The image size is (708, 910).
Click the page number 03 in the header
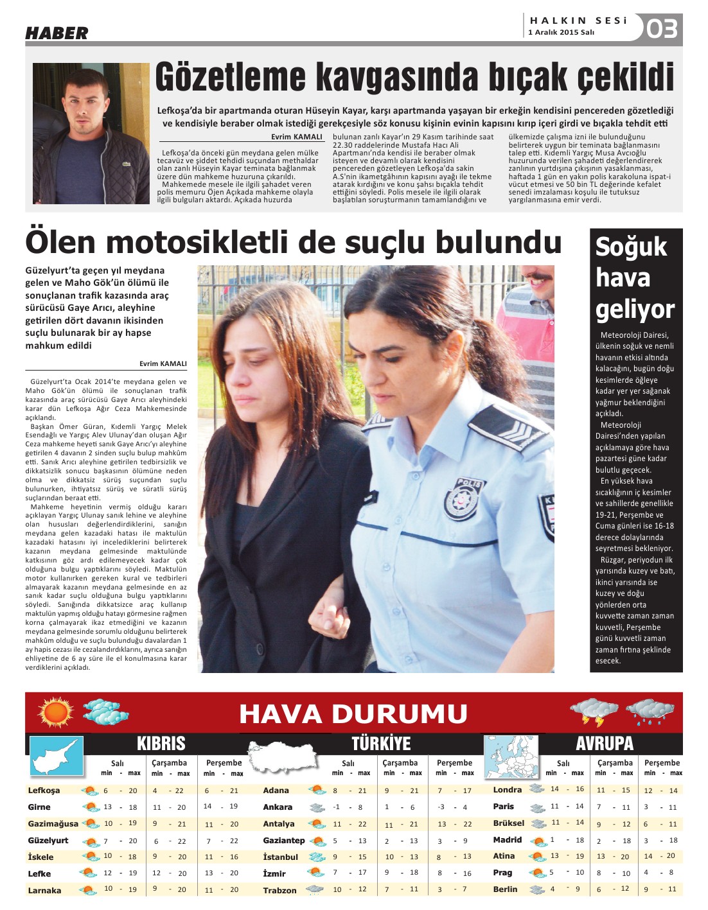662,29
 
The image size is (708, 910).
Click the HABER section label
57,33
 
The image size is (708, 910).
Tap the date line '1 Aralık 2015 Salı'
561,32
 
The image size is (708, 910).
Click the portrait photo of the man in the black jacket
91,134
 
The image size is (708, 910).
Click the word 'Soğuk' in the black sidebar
631,247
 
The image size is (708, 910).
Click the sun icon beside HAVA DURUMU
56,712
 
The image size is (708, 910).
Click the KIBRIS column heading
161,744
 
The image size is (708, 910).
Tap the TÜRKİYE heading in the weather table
380,744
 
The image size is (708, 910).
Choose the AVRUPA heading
604,744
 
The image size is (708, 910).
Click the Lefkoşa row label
44,791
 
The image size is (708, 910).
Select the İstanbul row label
280,857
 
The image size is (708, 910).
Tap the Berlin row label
505,889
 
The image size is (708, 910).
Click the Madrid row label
507,840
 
